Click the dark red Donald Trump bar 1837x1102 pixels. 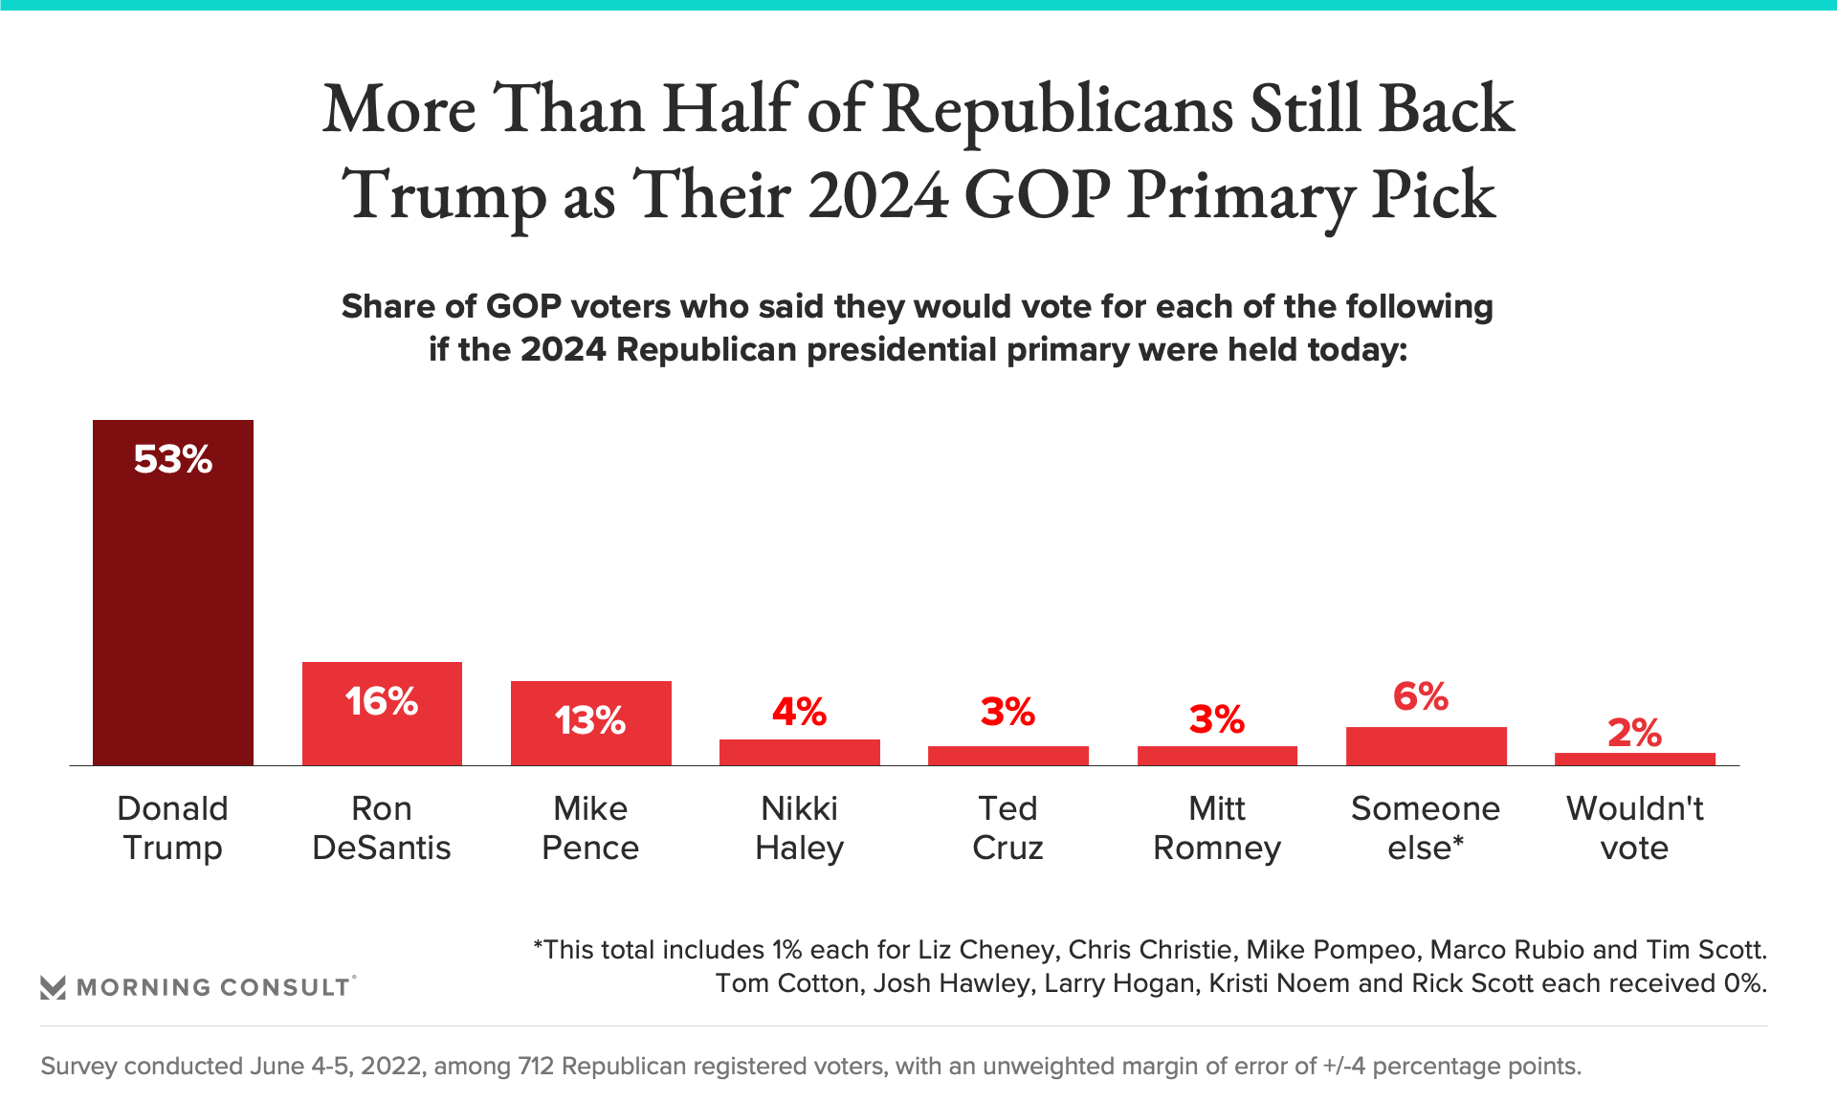(x=173, y=593)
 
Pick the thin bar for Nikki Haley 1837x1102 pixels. (x=799, y=752)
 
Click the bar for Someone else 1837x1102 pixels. (x=1426, y=746)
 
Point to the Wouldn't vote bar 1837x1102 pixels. (x=1634, y=759)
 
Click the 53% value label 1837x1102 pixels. (x=173, y=460)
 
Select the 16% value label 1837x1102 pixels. (x=382, y=702)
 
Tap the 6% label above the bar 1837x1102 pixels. (x=1421, y=696)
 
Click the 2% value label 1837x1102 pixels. (x=1634, y=733)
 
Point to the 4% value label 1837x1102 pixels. (x=799, y=712)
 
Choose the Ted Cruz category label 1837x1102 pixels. (x=1007, y=828)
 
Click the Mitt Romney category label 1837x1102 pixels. (x=1216, y=828)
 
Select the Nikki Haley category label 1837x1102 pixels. (x=799, y=828)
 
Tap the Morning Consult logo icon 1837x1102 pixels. (x=54, y=987)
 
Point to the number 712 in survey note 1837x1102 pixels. (x=536, y=1066)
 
